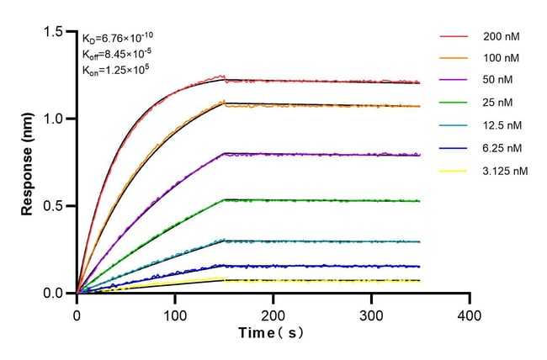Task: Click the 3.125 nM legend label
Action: click(x=506, y=171)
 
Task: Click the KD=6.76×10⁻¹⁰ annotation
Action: click(x=117, y=37)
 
